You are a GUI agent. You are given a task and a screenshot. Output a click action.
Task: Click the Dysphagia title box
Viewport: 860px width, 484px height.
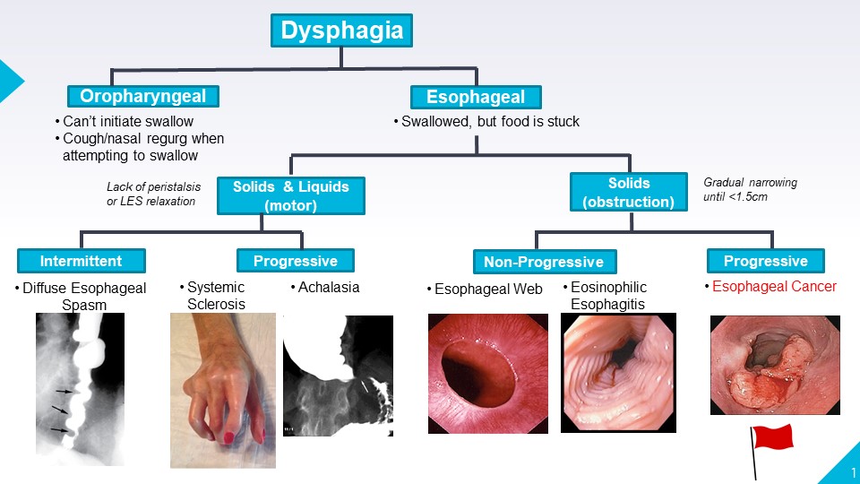click(x=341, y=30)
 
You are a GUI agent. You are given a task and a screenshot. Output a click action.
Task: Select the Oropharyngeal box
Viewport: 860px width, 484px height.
click(x=143, y=97)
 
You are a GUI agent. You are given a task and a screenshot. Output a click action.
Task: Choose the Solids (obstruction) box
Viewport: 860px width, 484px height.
click(x=628, y=191)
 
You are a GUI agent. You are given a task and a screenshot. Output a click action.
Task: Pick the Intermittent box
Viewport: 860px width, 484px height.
click(x=81, y=261)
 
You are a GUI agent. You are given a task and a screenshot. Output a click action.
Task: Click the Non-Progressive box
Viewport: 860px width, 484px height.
click(x=544, y=262)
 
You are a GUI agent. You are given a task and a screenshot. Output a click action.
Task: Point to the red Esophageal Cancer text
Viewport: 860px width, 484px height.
click(x=774, y=287)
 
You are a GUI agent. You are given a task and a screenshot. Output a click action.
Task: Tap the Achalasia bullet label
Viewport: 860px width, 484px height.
click(x=329, y=287)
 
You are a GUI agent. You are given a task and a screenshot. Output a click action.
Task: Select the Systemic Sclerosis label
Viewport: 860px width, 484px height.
click(x=215, y=295)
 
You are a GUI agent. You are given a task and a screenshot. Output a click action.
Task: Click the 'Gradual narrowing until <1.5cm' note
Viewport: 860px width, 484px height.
click(x=750, y=189)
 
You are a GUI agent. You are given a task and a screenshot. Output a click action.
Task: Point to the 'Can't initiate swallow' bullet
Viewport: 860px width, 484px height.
click(x=128, y=121)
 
